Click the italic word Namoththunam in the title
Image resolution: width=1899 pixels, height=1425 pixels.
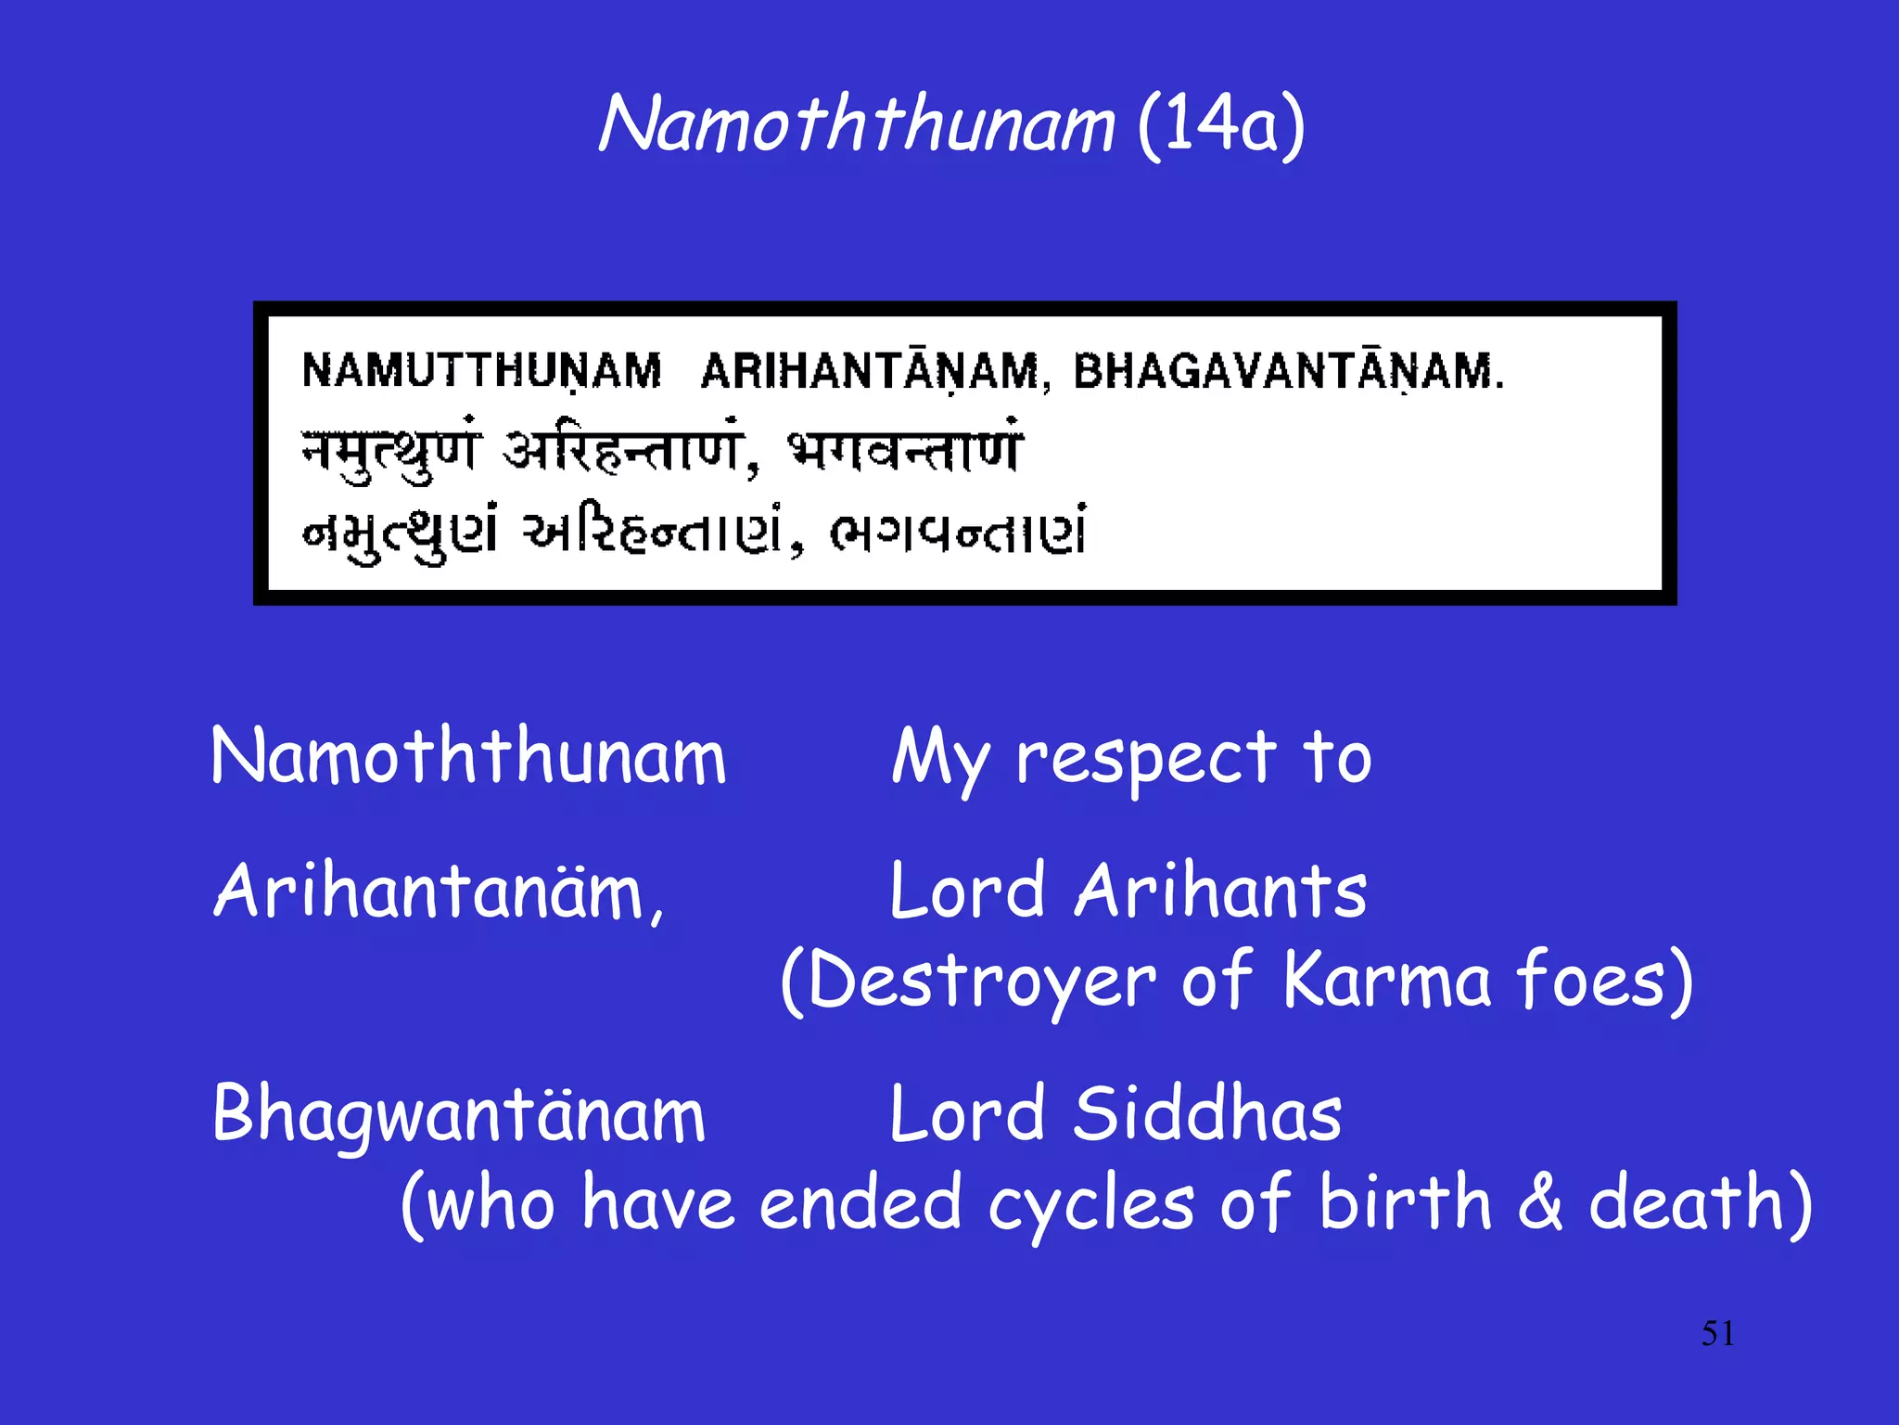(x=855, y=124)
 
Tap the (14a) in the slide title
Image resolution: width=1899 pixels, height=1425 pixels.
(x=1221, y=126)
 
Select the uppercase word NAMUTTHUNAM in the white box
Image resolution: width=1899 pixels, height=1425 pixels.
(x=481, y=371)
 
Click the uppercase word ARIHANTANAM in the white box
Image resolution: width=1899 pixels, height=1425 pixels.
(x=872, y=371)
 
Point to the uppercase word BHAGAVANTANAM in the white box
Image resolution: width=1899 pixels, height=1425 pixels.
(x=1288, y=371)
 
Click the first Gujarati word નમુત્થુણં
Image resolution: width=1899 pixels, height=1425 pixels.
(x=401, y=533)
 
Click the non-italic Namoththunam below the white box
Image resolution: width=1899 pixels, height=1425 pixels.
(x=468, y=757)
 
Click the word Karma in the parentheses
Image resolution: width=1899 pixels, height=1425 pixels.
(x=1387, y=982)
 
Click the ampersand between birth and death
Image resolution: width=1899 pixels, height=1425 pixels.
(x=1540, y=1203)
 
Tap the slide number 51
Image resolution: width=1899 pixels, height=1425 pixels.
(x=1717, y=1334)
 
